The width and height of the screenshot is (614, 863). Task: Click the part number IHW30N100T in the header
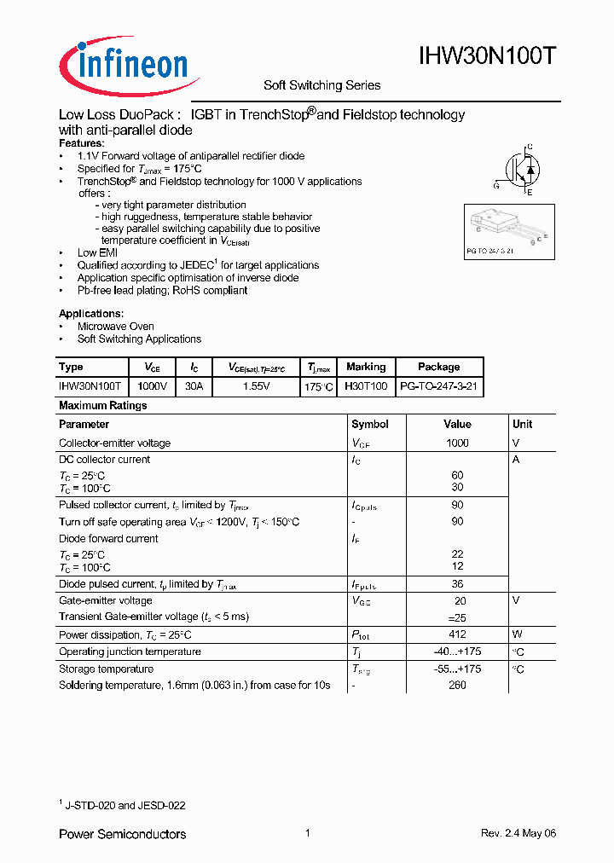pos(488,57)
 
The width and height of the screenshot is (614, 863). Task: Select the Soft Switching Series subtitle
pos(321,85)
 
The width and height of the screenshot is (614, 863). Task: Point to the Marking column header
pos(365,367)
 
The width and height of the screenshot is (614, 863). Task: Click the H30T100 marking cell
pos(365,386)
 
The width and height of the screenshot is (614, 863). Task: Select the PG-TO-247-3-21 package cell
pos(438,386)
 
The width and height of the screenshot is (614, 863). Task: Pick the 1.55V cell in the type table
pos(256,386)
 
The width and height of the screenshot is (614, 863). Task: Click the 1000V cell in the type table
pos(153,386)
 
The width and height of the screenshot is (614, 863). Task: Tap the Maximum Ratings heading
pos(102,406)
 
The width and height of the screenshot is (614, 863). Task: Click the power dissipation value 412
pos(457,634)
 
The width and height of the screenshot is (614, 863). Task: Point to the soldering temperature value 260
pos(457,686)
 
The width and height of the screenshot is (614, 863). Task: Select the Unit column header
pos(522,424)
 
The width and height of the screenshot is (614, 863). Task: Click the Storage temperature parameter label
pos(106,669)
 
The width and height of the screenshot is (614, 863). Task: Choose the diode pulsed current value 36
pos(457,584)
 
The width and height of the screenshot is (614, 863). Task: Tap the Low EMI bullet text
pos(97,253)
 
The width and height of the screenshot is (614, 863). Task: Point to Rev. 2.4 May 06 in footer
pos(518,833)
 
